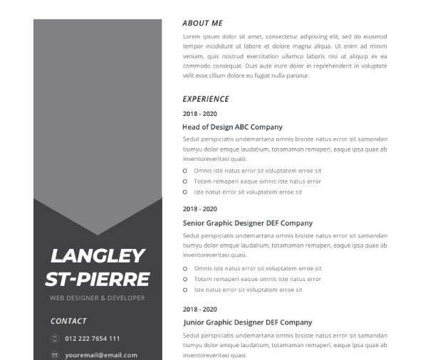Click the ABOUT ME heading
[202, 23]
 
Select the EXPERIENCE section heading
[206, 100]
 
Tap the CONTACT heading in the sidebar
[68, 322]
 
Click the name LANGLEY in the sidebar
[98, 256]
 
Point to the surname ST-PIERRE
[98, 278]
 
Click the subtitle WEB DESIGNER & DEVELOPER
[98, 297]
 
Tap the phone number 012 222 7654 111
[92, 339]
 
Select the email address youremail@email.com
[100, 354]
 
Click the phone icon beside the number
[54, 339]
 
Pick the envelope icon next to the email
[54, 354]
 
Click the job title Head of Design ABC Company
[232, 127]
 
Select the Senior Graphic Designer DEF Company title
[247, 223]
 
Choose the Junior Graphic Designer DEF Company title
[247, 322]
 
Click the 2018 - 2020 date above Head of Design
[199, 114]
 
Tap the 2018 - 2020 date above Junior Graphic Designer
[199, 309]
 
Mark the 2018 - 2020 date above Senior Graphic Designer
[199, 209]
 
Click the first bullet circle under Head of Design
[185, 171]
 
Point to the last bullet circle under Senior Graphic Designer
[185, 290]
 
